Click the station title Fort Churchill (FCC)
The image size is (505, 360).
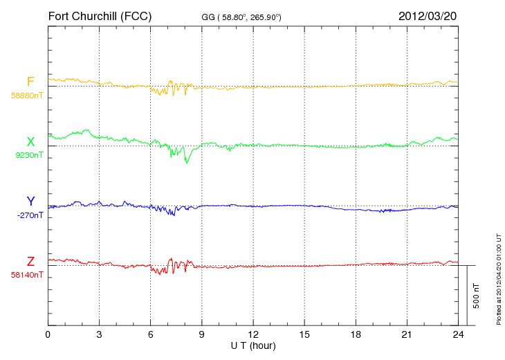click(100, 15)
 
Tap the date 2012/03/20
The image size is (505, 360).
click(428, 15)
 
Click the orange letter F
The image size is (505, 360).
click(30, 82)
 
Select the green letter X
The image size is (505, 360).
click(30, 142)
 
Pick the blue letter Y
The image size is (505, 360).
click(30, 201)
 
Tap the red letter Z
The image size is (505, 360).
click(30, 261)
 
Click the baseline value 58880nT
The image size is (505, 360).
click(26, 96)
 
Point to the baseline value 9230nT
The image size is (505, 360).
click(29, 155)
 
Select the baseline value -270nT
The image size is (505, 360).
click(29, 215)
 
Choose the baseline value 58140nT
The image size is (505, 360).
click(26, 274)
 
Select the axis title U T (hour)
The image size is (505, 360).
click(253, 345)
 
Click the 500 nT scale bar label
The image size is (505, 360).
click(477, 295)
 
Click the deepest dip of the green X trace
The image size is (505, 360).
click(186, 162)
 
